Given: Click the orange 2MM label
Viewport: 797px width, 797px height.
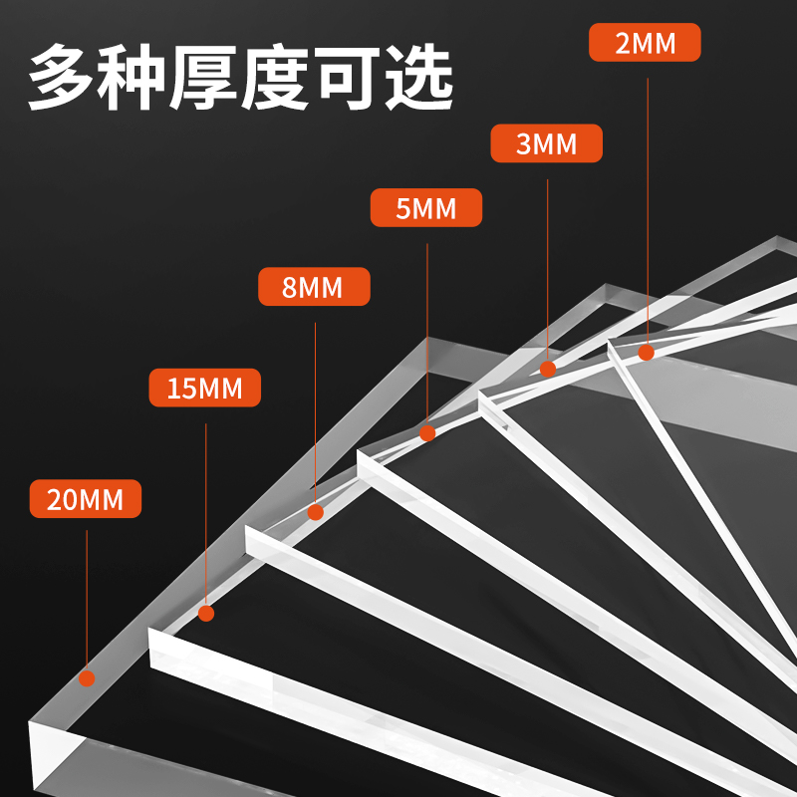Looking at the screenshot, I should [x=645, y=43].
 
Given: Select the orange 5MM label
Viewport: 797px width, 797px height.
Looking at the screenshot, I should [x=426, y=208].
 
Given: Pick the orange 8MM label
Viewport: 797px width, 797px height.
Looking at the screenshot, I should [x=314, y=287].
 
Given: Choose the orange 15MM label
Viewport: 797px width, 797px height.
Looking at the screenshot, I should [x=204, y=387].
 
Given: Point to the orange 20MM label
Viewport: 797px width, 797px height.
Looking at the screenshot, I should [x=86, y=498].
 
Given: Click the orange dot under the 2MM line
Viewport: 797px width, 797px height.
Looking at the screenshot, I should [x=647, y=352].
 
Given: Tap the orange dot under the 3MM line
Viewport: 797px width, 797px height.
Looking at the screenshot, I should [x=548, y=369].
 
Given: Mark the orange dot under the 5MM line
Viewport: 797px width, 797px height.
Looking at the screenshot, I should [x=427, y=433].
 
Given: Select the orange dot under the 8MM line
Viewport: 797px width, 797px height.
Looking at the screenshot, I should [x=316, y=512].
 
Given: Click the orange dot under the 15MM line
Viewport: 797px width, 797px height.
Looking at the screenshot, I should [x=206, y=613].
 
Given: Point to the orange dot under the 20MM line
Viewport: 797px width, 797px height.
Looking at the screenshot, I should [x=87, y=678].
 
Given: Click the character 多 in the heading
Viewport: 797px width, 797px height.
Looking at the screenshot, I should [x=62, y=77].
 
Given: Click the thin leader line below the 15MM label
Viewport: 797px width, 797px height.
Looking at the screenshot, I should [x=205, y=508].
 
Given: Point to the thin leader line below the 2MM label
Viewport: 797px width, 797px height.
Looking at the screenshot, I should [x=648, y=199].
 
